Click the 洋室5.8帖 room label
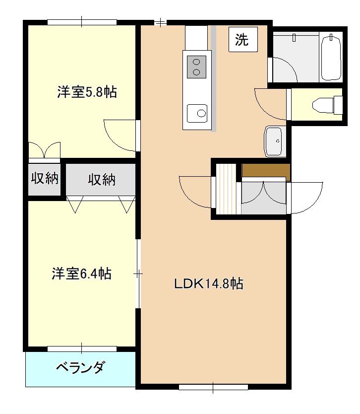pos(87,92)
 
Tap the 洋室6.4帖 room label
pos(81,274)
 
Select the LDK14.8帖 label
pos(208,284)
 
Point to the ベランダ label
pos(80,368)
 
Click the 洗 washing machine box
pos(242,40)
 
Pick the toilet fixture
pos(327,104)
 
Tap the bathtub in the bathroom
pos(331,57)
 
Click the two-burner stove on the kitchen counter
pos(196,67)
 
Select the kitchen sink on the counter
pos(197,113)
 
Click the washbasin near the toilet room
pos(274,142)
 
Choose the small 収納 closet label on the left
pos(45,178)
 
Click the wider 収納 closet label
pos(102,179)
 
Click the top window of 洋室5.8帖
pos(82,22)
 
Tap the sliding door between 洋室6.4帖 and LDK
pos(138,273)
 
